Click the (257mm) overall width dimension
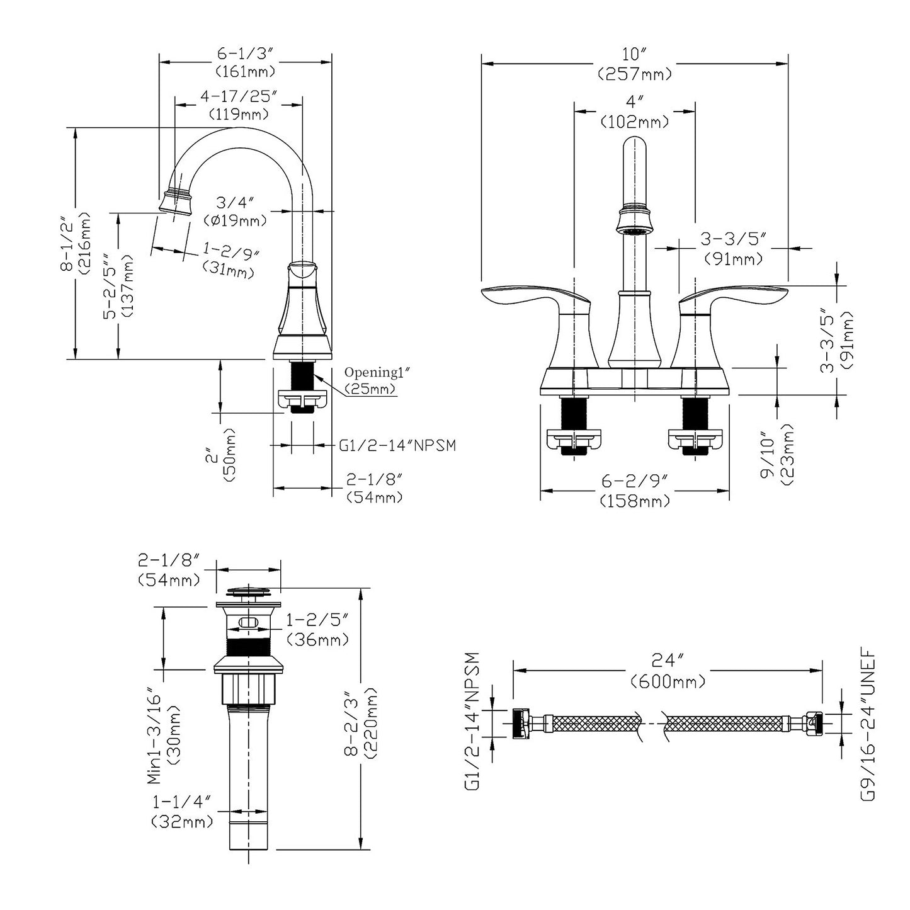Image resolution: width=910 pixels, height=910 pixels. click(x=635, y=74)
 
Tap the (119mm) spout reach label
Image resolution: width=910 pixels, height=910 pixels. click(x=239, y=114)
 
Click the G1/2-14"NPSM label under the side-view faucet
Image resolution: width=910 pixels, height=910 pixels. click(x=397, y=445)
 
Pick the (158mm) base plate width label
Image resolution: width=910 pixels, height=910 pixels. click(x=635, y=501)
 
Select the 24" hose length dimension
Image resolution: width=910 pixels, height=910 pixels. click(x=668, y=661)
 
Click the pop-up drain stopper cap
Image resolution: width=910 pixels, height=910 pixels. click(x=248, y=591)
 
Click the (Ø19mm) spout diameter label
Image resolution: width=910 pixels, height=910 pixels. click(x=235, y=220)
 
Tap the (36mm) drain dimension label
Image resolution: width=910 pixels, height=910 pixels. click(x=317, y=639)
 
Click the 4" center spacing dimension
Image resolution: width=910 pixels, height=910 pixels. click(x=635, y=101)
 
